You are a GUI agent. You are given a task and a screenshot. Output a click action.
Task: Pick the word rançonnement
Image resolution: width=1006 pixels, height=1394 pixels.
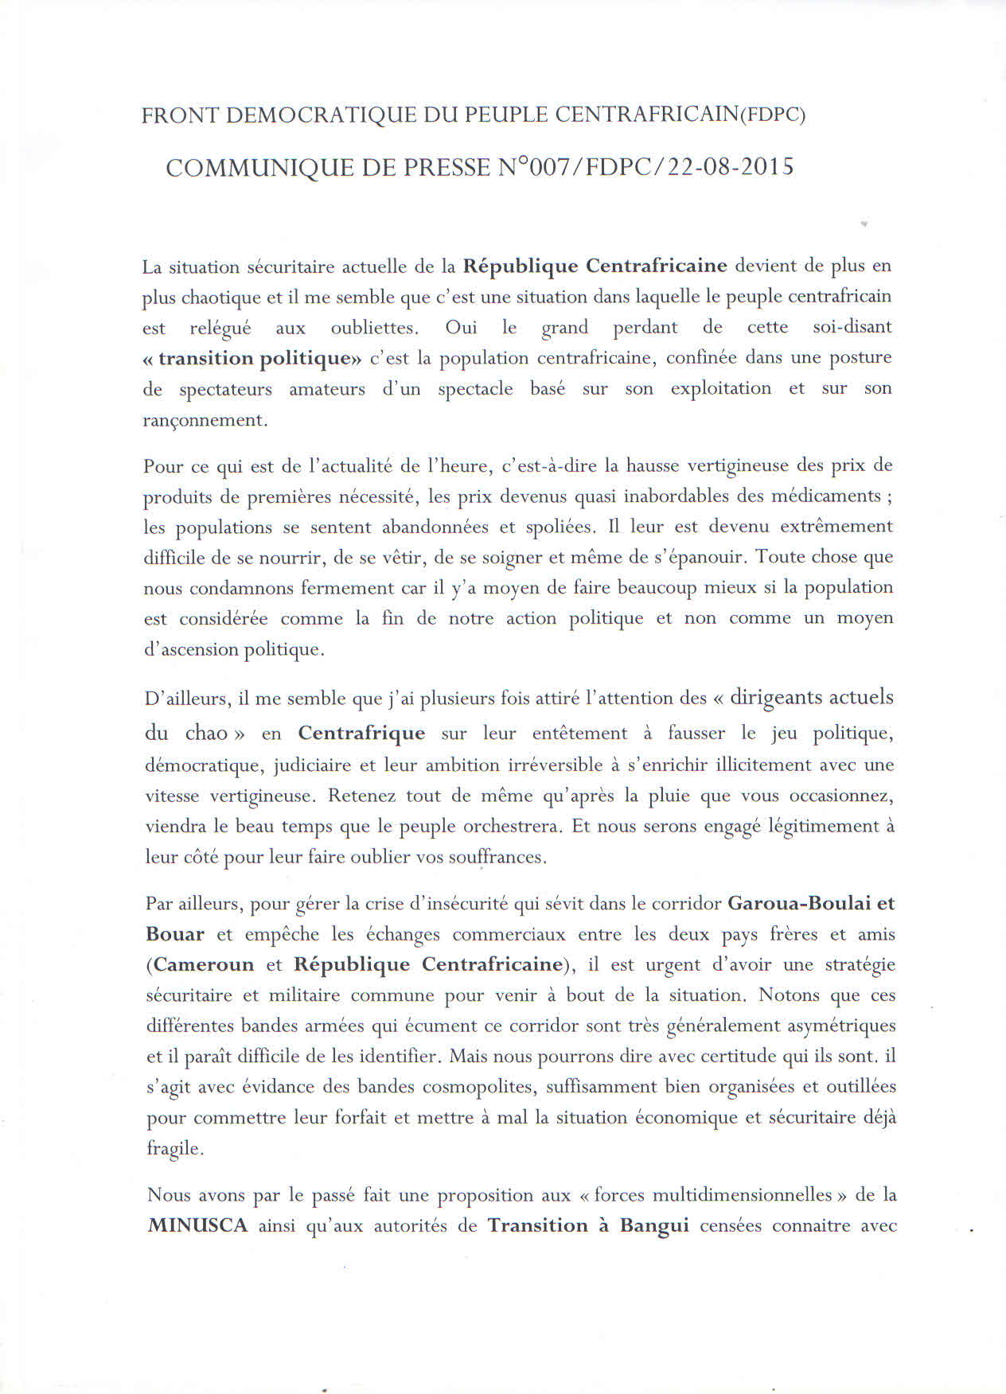click(x=204, y=420)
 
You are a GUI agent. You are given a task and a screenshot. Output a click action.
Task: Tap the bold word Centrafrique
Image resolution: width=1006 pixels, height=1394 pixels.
click(x=361, y=733)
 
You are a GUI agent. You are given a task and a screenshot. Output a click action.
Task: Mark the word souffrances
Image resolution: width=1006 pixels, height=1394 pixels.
click(x=495, y=858)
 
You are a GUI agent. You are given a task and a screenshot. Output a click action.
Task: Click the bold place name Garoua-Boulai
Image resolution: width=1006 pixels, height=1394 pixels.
click(x=797, y=904)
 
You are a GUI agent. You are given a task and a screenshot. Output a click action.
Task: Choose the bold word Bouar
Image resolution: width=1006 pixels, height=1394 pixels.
click(x=175, y=935)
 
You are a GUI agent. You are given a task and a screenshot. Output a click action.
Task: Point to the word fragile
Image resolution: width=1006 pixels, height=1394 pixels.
click(x=174, y=1149)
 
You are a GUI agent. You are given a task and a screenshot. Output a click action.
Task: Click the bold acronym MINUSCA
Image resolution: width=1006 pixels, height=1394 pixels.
click(x=198, y=1226)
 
